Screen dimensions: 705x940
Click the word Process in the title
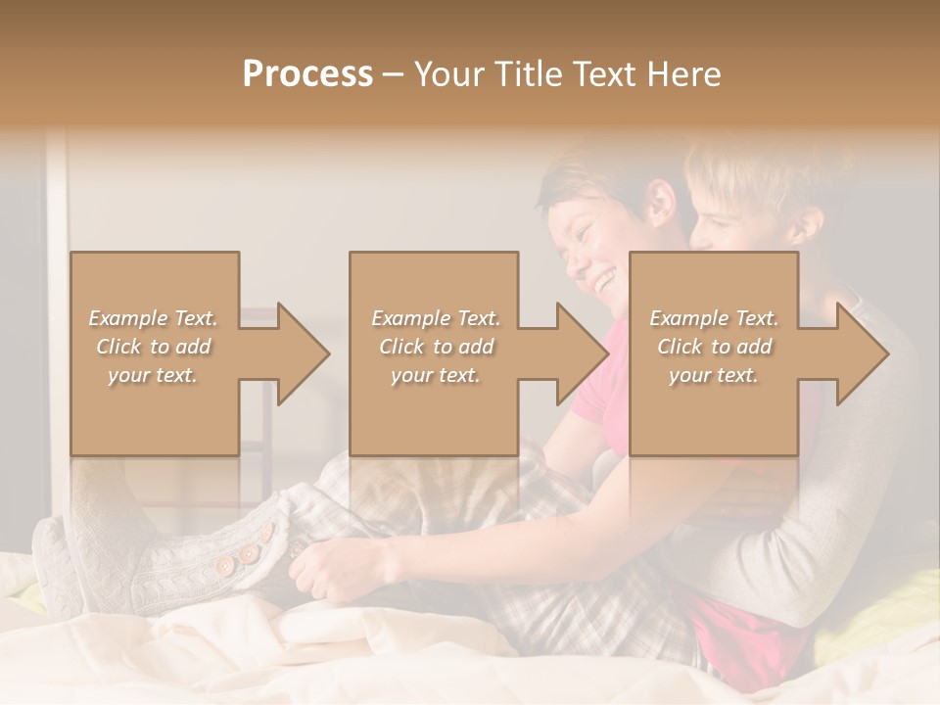[x=307, y=74]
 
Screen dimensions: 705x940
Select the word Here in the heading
[x=685, y=74]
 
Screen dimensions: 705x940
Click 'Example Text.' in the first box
[x=153, y=318]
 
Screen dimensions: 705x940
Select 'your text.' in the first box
[x=153, y=374]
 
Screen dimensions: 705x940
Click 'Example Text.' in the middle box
[x=436, y=318]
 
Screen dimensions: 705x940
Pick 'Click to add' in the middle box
[x=436, y=347]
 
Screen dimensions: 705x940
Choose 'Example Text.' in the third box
[x=714, y=318]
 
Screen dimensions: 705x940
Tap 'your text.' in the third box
[x=714, y=374]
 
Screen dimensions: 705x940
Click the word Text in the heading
[x=606, y=74]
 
